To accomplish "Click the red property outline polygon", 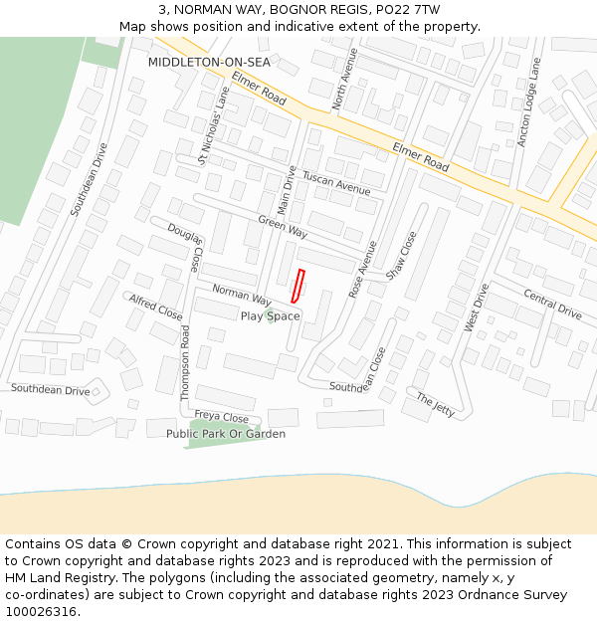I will pyautogui.click(x=297, y=287).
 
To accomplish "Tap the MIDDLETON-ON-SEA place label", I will pyautogui.click(x=209, y=62).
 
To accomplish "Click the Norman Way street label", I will pyautogui.click(x=242, y=295).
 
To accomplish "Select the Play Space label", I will pyautogui.click(x=270, y=316).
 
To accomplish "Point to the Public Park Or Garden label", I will pyautogui.click(x=226, y=434).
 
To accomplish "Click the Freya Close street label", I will pyautogui.click(x=221, y=418).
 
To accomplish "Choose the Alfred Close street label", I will pyautogui.click(x=156, y=307).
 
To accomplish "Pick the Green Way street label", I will pyautogui.click(x=282, y=226).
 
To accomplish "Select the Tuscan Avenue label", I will pyautogui.click(x=335, y=182).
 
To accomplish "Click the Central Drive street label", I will pyautogui.click(x=552, y=305).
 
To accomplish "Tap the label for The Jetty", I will pyautogui.click(x=435, y=403).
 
